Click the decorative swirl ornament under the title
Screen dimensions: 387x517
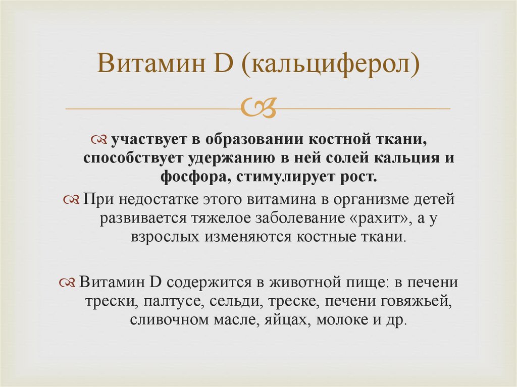click(258, 107)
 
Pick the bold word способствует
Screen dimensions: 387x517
click(128, 158)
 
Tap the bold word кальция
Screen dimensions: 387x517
click(402, 158)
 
